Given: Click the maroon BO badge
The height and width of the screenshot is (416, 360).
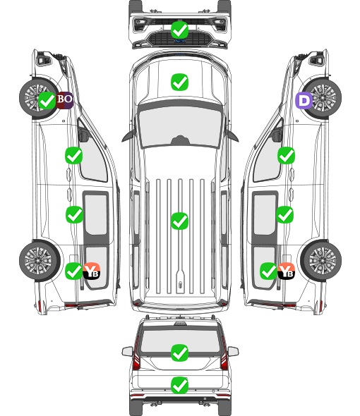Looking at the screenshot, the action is [x=64, y=100].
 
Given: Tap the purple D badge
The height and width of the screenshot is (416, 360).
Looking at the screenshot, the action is [x=304, y=101].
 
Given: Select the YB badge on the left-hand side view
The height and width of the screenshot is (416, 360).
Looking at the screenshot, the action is [x=91, y=271].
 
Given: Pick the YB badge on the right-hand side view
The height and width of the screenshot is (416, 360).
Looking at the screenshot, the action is [x=286, y=271].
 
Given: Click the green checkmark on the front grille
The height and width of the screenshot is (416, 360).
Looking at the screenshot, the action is [x=180, y=30].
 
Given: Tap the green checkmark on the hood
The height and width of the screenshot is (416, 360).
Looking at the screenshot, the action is [x=180, y=82].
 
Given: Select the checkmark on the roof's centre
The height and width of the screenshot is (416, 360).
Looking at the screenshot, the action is [x=180, y=221].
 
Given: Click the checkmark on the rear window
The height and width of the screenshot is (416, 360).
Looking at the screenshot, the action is [x=180, y=353].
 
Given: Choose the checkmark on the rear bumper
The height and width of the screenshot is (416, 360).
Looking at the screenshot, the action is [x=180, y=385].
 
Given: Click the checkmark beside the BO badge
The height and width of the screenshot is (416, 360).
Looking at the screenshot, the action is [x=47, y=101].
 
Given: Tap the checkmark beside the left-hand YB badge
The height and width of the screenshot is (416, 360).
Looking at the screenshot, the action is [x=74, y=271].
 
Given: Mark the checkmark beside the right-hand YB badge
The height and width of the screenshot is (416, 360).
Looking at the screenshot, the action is [x=269, y=271].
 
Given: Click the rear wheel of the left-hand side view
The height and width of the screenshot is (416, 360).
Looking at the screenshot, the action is [x=40, y=261].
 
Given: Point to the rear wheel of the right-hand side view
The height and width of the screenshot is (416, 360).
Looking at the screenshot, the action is [x=321, y=261].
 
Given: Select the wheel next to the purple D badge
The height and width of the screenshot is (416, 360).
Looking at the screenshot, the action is [x=323, y=97].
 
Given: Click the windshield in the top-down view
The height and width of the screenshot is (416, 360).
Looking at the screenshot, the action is [x=180, y=126].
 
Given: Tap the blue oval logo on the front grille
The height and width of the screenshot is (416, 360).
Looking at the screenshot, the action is [x=180, y=41].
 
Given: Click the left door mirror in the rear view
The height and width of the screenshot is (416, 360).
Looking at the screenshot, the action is [x=127, y=351].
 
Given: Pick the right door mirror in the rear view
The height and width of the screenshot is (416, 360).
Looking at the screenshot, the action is [x=233, y=351].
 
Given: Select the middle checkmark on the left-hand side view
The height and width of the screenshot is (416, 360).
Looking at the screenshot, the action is [x=74, y=214].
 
